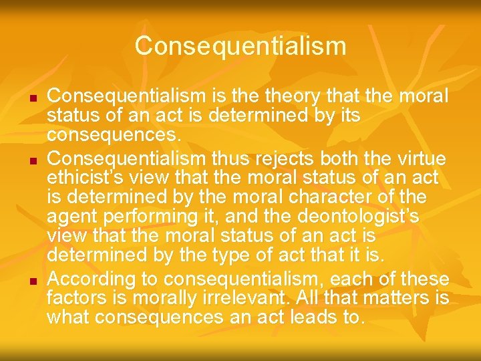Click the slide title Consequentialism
click(240, 46)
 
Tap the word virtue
click(418, 159)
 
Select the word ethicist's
click(88, 178)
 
